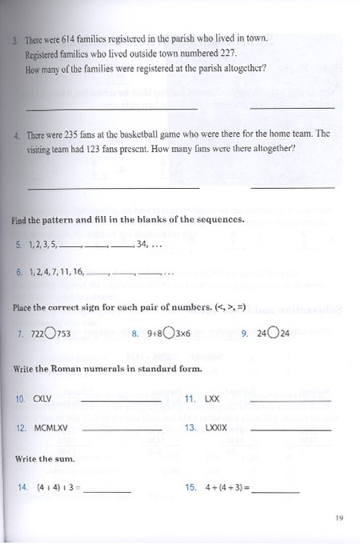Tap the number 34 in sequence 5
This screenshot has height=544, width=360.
143,244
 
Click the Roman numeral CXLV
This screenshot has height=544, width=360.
42,398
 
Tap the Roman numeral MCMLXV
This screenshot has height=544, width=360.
50,428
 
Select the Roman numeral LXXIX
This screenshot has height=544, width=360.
217,428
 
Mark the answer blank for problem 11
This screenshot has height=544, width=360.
290,400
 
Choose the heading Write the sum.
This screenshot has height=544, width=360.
45,458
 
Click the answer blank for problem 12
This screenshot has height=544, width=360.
122,430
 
